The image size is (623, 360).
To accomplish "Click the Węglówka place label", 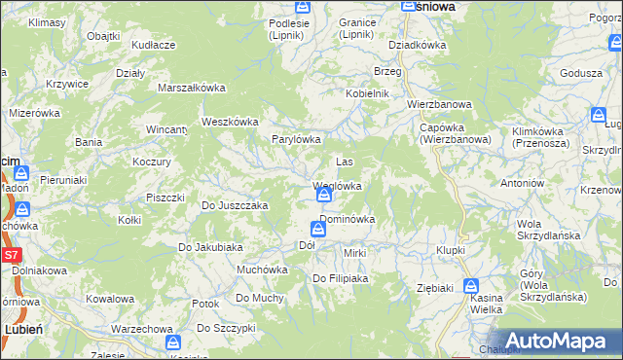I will coord(338,186).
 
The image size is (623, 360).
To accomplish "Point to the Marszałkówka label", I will coord(192,88).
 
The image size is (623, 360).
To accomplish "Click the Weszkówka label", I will coord(229,122).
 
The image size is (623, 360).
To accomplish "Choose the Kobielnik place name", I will coord(367,93).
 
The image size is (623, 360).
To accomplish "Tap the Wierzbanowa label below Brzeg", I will coord(439,104).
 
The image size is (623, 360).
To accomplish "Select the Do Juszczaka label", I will coord(234,205).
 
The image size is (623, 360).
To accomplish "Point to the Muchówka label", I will coord(262,270).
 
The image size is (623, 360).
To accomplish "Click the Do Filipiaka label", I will coord(340,279).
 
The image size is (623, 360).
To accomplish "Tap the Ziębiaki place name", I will coord(435,288).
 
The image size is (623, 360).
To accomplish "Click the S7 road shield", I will coord(10,256).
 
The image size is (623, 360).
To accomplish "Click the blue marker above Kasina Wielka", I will coord(471,287).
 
